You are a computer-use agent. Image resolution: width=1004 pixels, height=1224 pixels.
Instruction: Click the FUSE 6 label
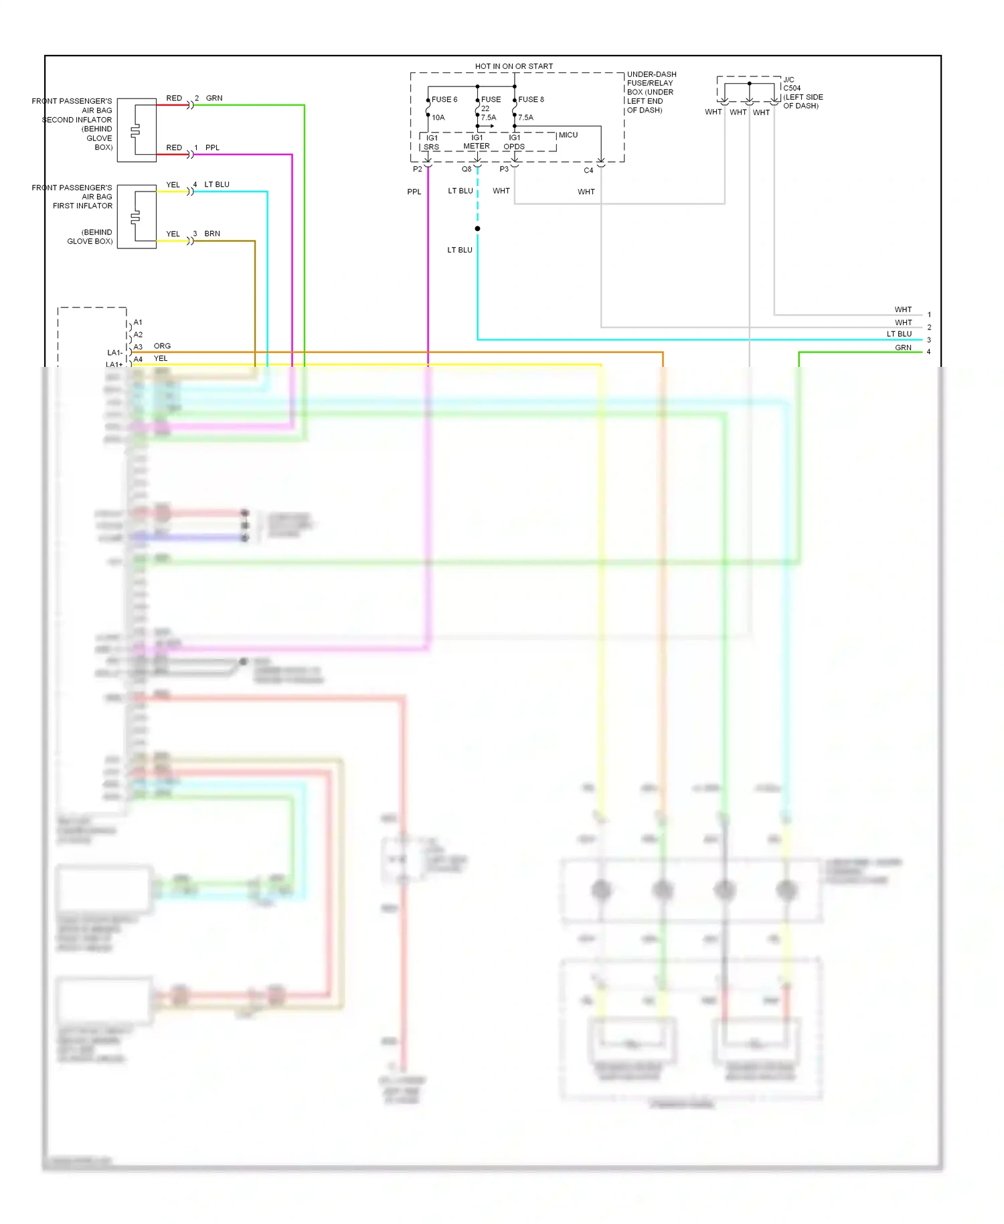pyautogui.click(x=444, y=99)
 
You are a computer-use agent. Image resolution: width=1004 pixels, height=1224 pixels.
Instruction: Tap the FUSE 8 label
pyautogui.click(x=531, y=99)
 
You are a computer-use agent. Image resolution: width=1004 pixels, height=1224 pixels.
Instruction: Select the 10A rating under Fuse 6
pyautogui.click(x=438, y=117)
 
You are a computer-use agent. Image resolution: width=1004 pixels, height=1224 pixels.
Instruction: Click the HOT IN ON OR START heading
pyautogui.click(x=513, y=66)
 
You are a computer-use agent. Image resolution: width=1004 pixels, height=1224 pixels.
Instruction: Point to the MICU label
pyautogui.click(x=568, y=135)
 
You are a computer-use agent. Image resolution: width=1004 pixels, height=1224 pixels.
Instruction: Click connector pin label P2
pyautogui.click(x=417, y=169)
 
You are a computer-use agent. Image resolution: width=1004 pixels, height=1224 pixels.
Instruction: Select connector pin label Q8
pyautogui.click(x=467, y=169)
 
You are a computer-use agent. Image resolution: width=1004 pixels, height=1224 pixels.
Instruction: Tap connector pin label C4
pyautogui.click(x=588, y=170)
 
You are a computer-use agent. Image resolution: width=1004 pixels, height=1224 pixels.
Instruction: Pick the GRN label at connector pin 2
pyautogui.click(x=214, y=98)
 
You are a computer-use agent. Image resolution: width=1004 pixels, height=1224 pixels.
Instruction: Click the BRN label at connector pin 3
pyautogui.click(x=212, y=234)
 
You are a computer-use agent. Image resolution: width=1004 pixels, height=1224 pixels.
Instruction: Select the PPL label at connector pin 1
pyautogui.click(x=212, y=147)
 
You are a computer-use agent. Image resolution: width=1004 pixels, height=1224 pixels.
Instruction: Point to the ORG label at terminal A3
pyautogui.click(x=162, y=346)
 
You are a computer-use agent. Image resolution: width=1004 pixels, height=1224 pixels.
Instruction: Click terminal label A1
pyautogui.click(x=138, y=322)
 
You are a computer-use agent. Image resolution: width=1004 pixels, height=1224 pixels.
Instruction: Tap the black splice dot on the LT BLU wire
pyautogui.click(x=477, y=229)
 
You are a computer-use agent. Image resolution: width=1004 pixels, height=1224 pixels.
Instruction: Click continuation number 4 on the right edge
pyautogui.click(x=928, y=352)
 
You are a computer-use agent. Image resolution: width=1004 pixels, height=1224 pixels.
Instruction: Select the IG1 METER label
pyautogui.click(x=477, y=142)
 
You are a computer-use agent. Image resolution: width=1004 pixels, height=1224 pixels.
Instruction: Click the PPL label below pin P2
pyautogui.click(x=414, y=192)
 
